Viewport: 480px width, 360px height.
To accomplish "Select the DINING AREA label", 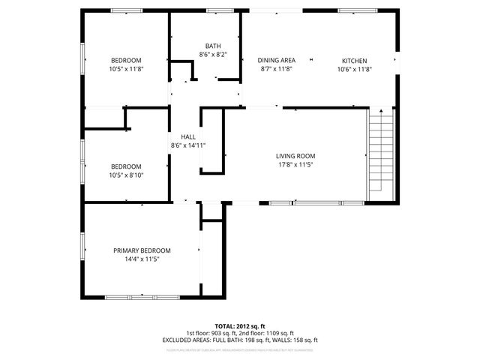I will click(x=276, y=60).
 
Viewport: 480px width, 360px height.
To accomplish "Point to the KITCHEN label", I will click(x=355, y=60).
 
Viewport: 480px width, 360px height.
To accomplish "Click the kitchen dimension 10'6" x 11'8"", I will click(x=355, y=69).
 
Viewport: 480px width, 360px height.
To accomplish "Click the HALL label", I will click(x=187, y=136).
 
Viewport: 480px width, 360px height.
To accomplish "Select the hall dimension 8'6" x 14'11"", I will click(x=187, y=145).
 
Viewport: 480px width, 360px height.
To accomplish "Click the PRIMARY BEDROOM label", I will click(x=142, y=250).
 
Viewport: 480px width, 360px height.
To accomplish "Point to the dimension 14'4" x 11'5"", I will click(x=142, y=259).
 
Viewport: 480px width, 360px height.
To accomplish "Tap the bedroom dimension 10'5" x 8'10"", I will click(x=126, y=175).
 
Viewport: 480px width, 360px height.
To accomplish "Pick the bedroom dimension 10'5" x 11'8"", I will click(x=126, y=69).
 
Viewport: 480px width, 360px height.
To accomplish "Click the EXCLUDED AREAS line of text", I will click(x=240, y=340).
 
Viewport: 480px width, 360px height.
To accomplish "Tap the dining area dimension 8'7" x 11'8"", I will click(x=276, y=69).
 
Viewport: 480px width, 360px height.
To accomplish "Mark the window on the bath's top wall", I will click(x=219, y=10).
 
